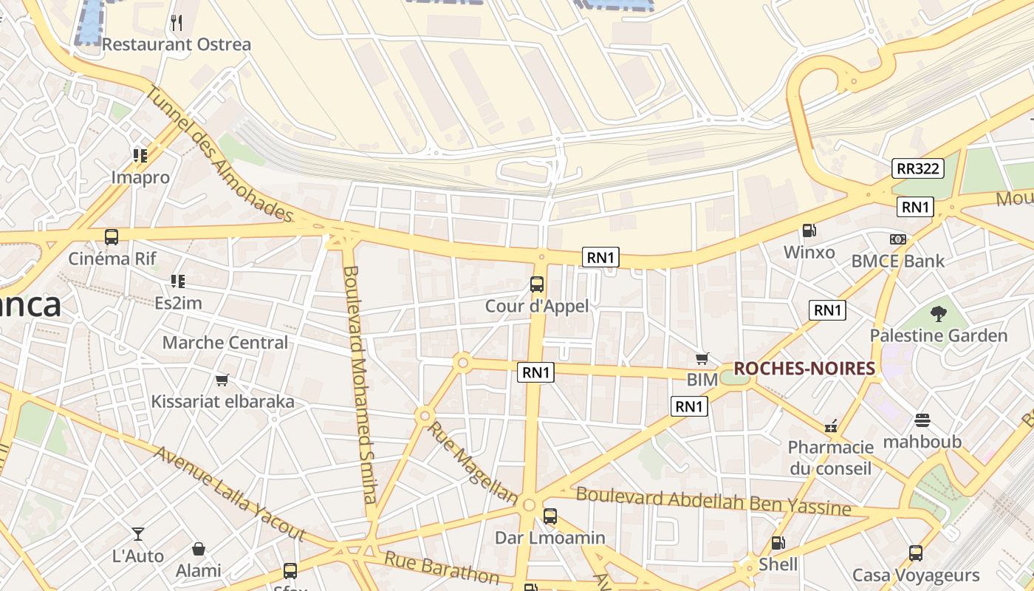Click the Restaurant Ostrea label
(x=176, y=44)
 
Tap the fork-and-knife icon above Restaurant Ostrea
(x=176, y=23)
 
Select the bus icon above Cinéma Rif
(x=112, y=237)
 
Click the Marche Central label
(x=225, y=343)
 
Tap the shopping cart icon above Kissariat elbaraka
(x=222, y=380)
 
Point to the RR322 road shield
(x=918, y=168)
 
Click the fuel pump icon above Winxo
(x=809, y=230)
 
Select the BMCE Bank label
(x=897, y=261)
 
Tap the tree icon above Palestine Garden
(x=938, y=314)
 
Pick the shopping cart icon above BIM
(x=702, y=358)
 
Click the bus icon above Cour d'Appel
(x=537, y=284)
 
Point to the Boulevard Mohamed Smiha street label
(x=360, y=384)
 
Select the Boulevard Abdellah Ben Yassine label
(x=713, y=502)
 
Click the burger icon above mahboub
(x=922, y=420)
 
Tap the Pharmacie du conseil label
(x=831, y=457)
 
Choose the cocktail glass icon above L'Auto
(x=138, y=533)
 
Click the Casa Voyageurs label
(x=916, y=575)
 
